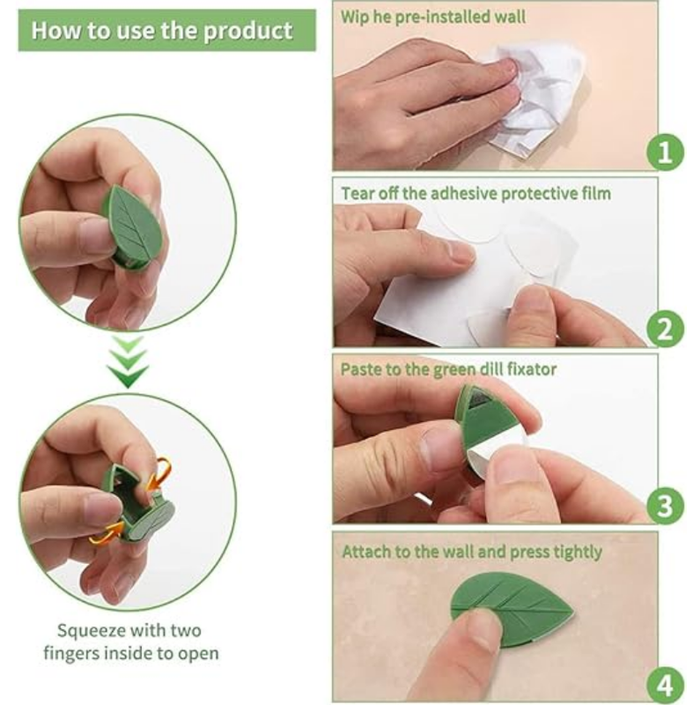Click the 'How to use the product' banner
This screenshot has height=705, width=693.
(x=162, y=31)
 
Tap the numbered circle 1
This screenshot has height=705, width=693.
(x=664, y=152)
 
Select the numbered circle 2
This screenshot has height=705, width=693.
(x=664, y=330)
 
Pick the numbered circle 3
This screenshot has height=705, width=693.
(x=664, y=506)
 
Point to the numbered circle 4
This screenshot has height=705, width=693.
(x=664, y=684)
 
